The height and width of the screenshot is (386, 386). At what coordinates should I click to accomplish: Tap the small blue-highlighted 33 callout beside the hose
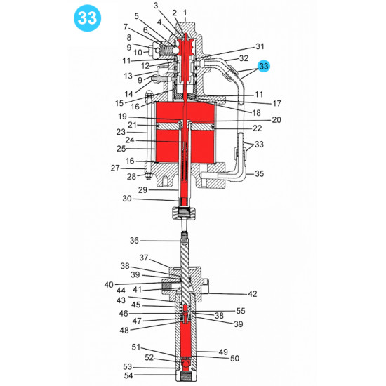point(264,66)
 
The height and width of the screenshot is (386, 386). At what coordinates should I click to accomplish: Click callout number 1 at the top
point(185,13)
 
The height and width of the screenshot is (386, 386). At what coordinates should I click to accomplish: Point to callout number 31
point(260,46)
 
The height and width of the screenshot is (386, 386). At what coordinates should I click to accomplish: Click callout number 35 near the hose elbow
point(259,173)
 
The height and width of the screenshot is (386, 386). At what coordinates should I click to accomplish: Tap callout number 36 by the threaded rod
point(135,241)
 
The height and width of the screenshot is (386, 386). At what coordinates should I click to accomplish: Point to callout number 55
point(241,310)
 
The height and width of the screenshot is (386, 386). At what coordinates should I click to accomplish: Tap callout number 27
point(115,168)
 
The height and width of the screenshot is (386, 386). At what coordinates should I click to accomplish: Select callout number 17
point(258,102)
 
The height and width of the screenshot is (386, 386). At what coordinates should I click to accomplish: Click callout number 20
point(276,120)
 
